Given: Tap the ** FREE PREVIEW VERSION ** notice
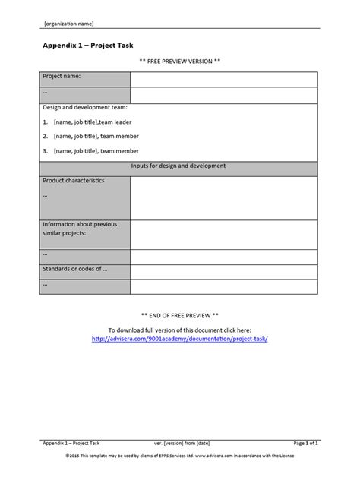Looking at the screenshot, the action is coord(180,60).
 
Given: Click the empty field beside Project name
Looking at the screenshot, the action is coord(223,80).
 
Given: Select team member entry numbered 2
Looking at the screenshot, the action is coord(91,137).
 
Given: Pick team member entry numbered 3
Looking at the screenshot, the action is coord(91,151).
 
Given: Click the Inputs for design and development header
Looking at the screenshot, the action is coord(179,166).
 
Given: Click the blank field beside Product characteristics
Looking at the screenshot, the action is coord(223,197).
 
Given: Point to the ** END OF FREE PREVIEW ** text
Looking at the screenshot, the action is coord(180,314).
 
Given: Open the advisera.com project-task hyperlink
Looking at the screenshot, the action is coord(179,339).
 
